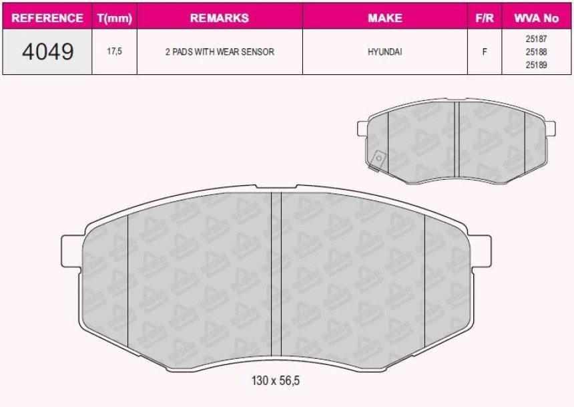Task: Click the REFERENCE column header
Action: (47, 18)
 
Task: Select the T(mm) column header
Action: (115, 18)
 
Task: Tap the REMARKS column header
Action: (220, 18)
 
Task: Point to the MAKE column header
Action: (385, 18)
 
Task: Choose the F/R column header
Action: (485, 18)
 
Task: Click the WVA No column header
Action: (537, 18)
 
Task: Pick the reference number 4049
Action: (47, 51)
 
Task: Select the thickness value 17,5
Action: (115, 51)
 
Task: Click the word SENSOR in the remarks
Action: (258, 51)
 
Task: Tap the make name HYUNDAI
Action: (385, 51)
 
